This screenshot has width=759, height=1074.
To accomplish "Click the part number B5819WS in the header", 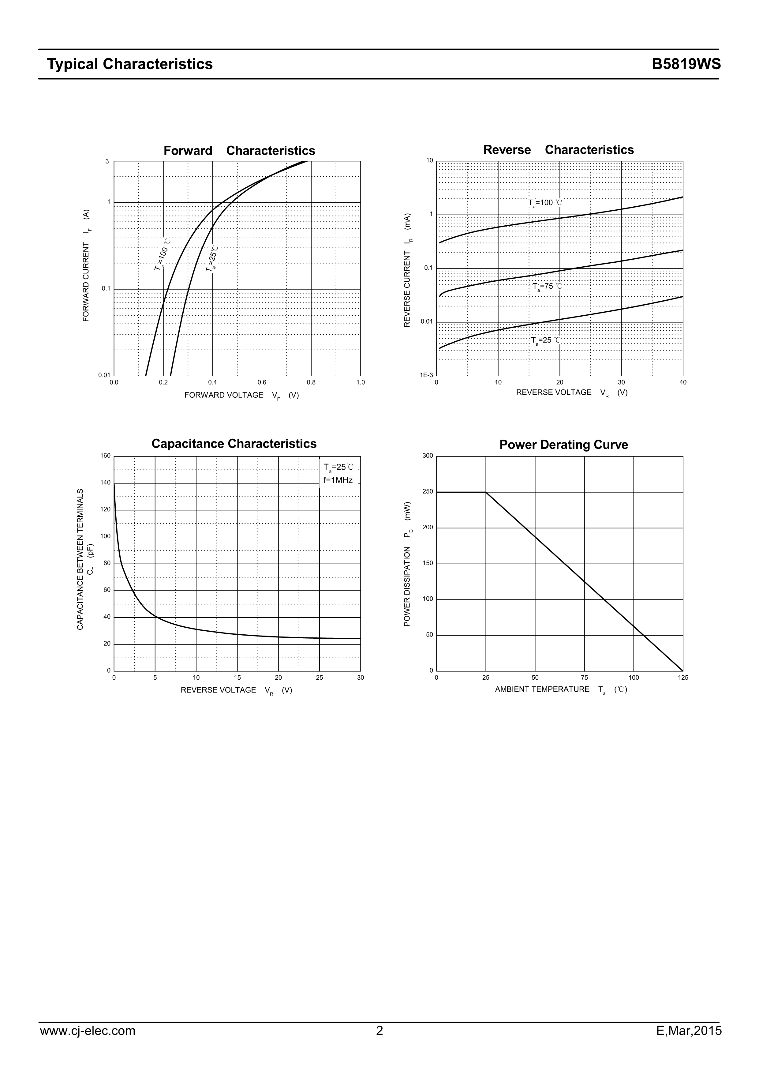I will [x=686, y=64].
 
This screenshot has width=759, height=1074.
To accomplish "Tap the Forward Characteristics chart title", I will [x=239, y=151].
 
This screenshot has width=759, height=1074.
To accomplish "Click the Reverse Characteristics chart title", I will [x=558, y=150].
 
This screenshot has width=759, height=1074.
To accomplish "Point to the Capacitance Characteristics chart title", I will [x=234, y=443].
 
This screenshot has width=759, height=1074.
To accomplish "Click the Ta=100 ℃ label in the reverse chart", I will [x=545, y=203].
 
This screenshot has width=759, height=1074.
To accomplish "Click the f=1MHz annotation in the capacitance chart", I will [x=338, y=480].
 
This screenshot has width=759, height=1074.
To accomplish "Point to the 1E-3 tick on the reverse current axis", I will [x=426, y=375].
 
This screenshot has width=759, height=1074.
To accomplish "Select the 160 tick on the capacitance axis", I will [x=105, y=456].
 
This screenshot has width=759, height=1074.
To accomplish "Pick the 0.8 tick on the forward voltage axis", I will [x=311, y=382].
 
